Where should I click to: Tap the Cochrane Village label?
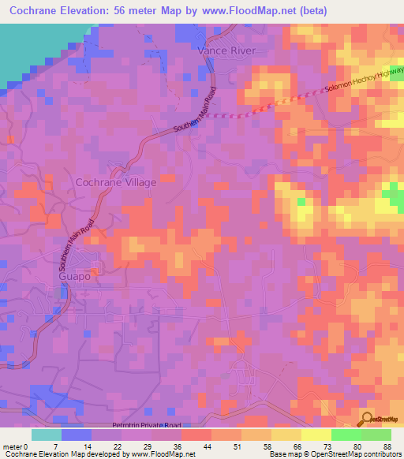click(115, 182)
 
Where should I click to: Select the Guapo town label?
click(76, 278)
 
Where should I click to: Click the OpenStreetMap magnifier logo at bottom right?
click(368, 420)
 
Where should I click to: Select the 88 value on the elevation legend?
click(387, 446)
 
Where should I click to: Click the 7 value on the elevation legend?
click(55, 446)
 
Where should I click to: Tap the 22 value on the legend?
click(118, 446)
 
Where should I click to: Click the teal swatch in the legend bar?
click(47, 435)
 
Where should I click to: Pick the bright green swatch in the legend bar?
click(346, 435)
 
